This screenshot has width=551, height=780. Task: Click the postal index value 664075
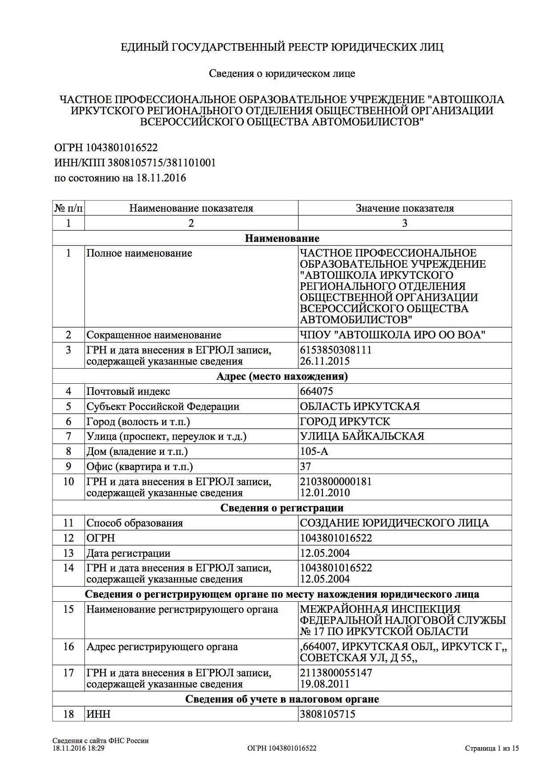click(x=317, y=391)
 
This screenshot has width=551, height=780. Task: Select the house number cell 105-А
click(x=314, y=451)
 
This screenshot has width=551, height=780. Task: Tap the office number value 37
click(x=306, y=466)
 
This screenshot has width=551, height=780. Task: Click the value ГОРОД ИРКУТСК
click(x=345, y=421)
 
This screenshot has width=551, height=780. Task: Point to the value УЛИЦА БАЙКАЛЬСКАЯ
click(x=362, y=436)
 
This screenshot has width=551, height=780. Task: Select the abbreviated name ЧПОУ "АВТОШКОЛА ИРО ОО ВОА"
click(x=392, y=335)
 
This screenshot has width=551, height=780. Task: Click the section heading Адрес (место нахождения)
click(x=282, y=376)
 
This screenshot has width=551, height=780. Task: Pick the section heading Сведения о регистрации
click(x=282, y=508)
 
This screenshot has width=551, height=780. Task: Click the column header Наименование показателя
click(x=191, y=208)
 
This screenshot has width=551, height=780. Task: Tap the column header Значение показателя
click(x=405, y=208)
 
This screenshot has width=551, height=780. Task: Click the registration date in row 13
click(x=325, y=553)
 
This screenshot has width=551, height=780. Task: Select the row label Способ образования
click(x=135, y=523)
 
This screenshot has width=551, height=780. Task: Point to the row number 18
click(x=68, y=714)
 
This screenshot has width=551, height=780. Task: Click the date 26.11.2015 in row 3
click(x=325, y=361)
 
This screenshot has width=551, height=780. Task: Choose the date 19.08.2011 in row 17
click(x=325, y=684)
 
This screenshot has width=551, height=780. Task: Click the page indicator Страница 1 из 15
click(x=492, y=748)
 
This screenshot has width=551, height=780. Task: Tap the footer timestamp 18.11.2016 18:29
click(x=78, y=748)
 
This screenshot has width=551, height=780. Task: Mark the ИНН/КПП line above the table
click(x=135, y=163)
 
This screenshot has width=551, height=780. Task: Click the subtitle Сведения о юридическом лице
click(x=282, y=73)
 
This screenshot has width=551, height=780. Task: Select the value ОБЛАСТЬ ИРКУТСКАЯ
click(x=360, y=406)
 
